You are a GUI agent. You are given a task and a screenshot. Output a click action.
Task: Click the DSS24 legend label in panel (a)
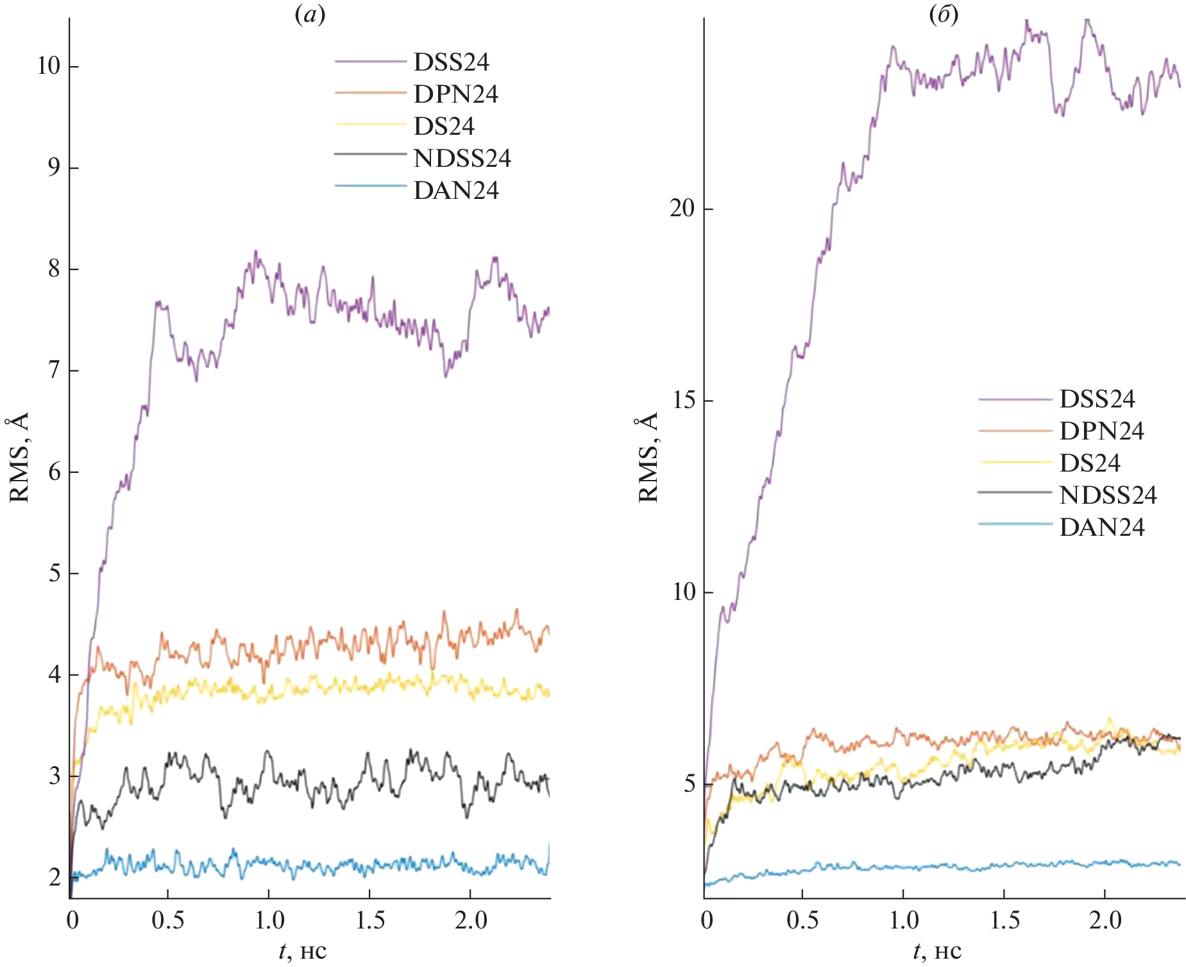pyautogui.click(x=451, y=62)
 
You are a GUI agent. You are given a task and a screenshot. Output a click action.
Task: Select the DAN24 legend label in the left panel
pyautogui.click(x=456, y=191)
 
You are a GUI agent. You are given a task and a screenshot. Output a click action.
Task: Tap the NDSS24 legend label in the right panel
pyautogui.click(x=1108, y=495)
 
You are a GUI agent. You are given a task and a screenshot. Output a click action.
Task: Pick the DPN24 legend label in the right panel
pyautogui.click(x=1101, y=431)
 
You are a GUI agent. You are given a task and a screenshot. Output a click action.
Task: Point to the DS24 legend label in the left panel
pyautogui.click(x=444, y=126)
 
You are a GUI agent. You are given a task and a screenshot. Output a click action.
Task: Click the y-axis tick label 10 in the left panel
pyautogui.click(x=49, y=66)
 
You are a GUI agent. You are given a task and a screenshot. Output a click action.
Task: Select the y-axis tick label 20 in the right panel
pyautogui.click(x=682, y=209)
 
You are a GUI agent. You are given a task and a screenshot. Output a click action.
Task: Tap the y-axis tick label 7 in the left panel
pyautogui.click(x=55, y=370)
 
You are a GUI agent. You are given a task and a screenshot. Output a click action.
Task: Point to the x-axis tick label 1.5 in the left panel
pyautogui.click(x=370, y=920)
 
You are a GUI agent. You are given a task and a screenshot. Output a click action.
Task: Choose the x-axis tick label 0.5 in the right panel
pyautogui.click(x=802, y=920)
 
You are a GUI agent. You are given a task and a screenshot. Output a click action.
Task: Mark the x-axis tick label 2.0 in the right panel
pyautogui.click(x=1105, y=920)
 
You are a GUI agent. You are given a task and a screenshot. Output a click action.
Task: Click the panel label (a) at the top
pyautogui.click(x=310, y=14)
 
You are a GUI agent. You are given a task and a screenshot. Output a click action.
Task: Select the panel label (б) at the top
pyautogui.click(x=944, y=14)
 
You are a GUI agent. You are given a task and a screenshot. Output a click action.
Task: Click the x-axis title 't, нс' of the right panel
pyautogui.click(x=937, y=950)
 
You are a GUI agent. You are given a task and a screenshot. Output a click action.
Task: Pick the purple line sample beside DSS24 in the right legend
pyautogui.click(x=1015, y=399)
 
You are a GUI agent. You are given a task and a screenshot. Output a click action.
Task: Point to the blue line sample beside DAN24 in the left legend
pyautogui.click(x=370, y=186)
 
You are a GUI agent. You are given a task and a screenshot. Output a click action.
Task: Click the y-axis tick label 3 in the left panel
pyautogui.click(x=55, y=776)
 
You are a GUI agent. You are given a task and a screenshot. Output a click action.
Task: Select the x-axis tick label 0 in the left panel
pyautogui.click(x=73, y=920)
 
